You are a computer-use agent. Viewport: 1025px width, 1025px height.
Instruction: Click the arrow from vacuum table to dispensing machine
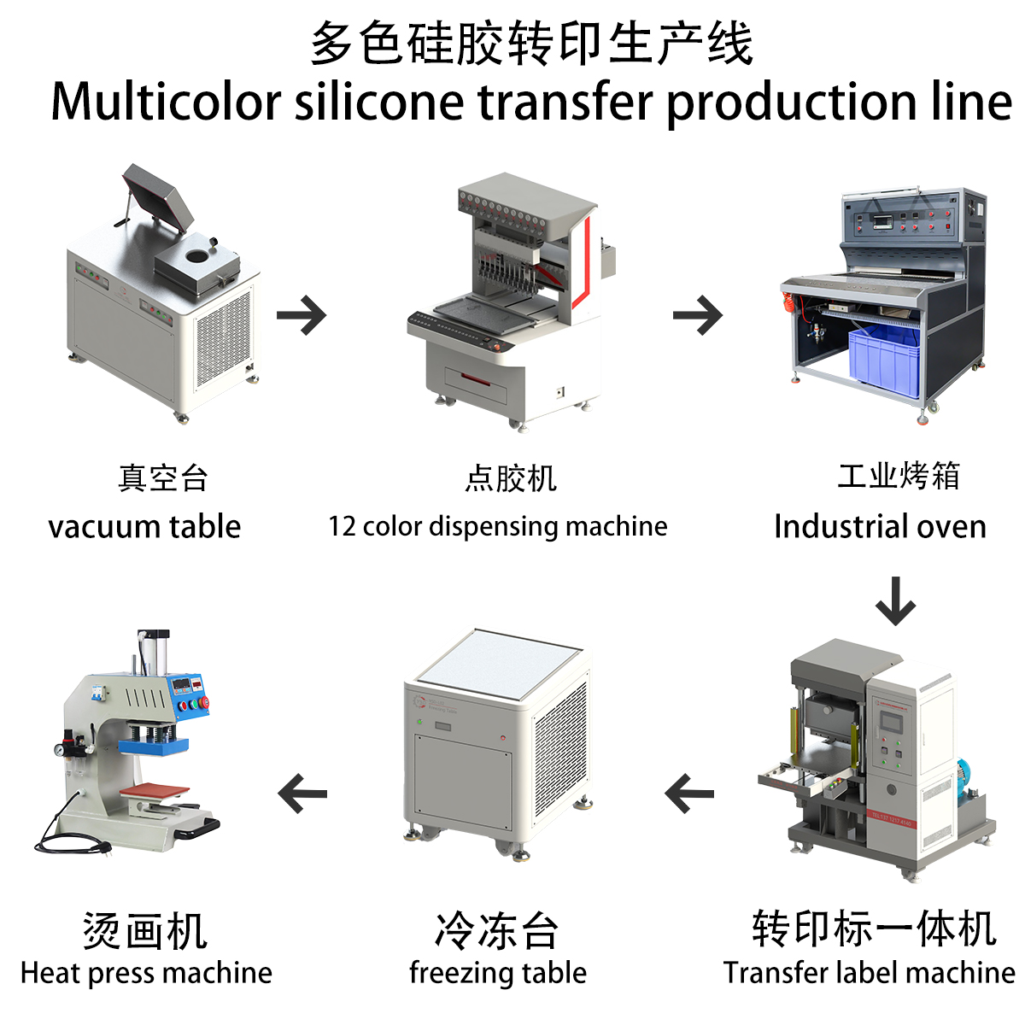(302, 315)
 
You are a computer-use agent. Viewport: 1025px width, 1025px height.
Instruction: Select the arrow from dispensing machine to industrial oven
(698, 315)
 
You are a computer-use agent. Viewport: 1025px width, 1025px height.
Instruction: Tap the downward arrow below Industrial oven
(895, 600)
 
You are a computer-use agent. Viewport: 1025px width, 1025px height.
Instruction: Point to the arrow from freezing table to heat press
(302, 794)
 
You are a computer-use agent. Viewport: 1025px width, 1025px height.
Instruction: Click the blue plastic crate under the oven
(885, 359)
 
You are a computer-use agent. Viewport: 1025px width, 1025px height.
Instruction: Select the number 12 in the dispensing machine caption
(342, 526)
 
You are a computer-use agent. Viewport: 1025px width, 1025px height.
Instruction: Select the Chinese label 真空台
(163, 478)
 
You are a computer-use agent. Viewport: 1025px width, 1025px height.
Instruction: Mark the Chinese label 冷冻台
(497, 930)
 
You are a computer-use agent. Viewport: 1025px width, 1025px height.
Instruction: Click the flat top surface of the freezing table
(498, 661)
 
